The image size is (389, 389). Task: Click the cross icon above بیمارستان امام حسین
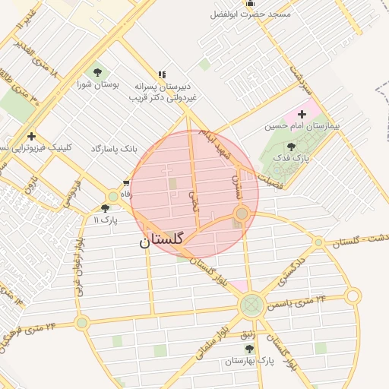pos(302,113)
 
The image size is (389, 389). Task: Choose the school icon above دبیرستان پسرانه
pos(161,74)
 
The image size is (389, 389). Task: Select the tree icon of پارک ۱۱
pos(105,207)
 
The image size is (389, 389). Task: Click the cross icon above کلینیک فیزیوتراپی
pos(31,136)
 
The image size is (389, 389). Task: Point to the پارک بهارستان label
pos(248,362)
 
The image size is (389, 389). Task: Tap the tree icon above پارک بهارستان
pos(248,349)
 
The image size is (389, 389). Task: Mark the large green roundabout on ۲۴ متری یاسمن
pos(251,305)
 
